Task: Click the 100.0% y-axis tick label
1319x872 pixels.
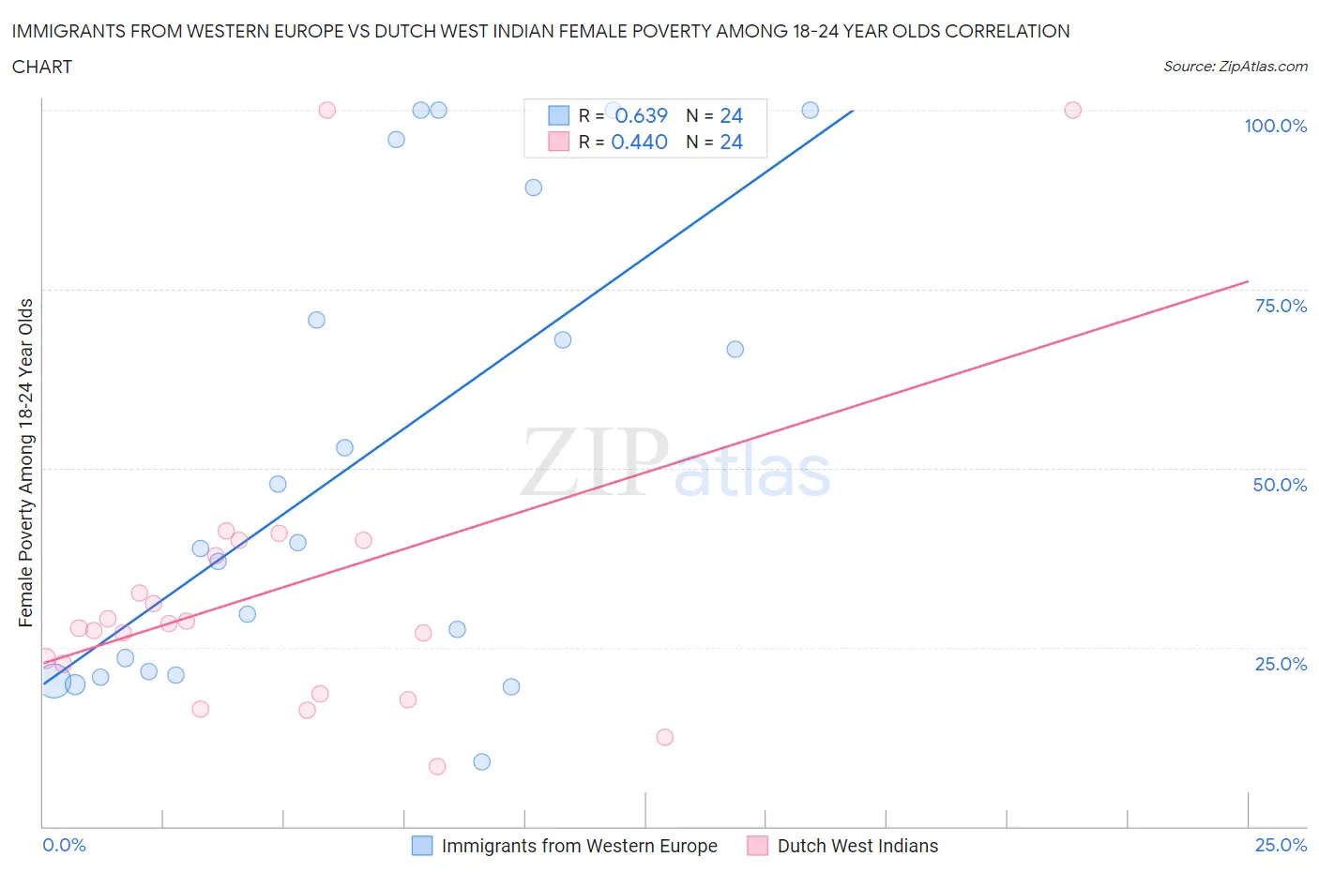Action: pyautogui.click(x=1275, y=126)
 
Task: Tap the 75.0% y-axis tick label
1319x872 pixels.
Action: pyautogui.click(x=1281, y=306)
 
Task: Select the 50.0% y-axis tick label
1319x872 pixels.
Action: pyautogui.click(x=1280, y=485)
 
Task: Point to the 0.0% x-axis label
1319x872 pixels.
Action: pyautogui.click(x=64, y=845)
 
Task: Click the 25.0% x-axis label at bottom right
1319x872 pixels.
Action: pyautogui.click(x=1281, y=845)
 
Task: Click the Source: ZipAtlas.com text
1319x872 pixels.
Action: pyautogui.click(x=1235, y=67)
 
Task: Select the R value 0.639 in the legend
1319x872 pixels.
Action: pyautogui.click(x=641, y=115)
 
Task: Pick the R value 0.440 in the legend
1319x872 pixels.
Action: pyautogui.click(x=639, y=142)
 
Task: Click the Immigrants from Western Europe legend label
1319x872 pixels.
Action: pyautogui.click(x=579, y=846)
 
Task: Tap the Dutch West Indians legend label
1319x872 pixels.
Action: pyautogui.click(x=857, y=846)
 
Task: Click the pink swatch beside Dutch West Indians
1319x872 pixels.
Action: pyautogui.click(x=757, y=846)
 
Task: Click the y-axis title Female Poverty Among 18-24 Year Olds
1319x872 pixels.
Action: pyautogui.click(x=26, y=462)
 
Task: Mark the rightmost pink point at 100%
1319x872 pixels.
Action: pyautogui.click(x=1072, y=111)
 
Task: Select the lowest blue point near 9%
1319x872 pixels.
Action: pyautogui.click(x=481, y=761)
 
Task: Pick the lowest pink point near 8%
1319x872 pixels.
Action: pyautogui.click(x=437, y=766)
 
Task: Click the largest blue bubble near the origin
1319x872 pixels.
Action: pyautogui.click(x=53, y=681)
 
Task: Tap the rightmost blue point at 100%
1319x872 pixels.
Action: pyautogui.click(x=810, y=111)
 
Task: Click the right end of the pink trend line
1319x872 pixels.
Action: pyautogui.click(x=1248, y=281)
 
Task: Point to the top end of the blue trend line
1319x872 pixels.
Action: pyautogui.click(x=853, y=111)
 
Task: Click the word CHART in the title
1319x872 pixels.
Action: pyautogui.click(x=42, y=67)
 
